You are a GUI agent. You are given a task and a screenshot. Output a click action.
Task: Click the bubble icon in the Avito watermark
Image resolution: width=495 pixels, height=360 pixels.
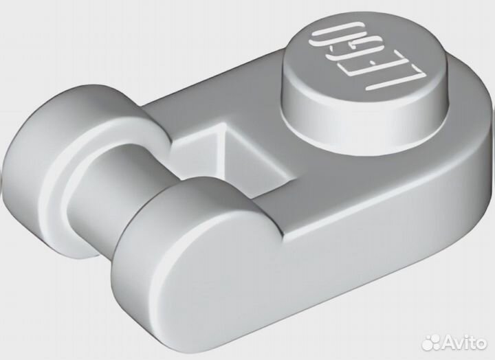point(431,341)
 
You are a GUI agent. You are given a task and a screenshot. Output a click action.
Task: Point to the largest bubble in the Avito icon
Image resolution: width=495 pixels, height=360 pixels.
point(434,344)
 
